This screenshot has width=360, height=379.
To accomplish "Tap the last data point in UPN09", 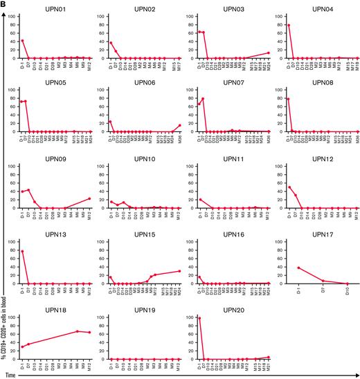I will (x=178, y=198).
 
